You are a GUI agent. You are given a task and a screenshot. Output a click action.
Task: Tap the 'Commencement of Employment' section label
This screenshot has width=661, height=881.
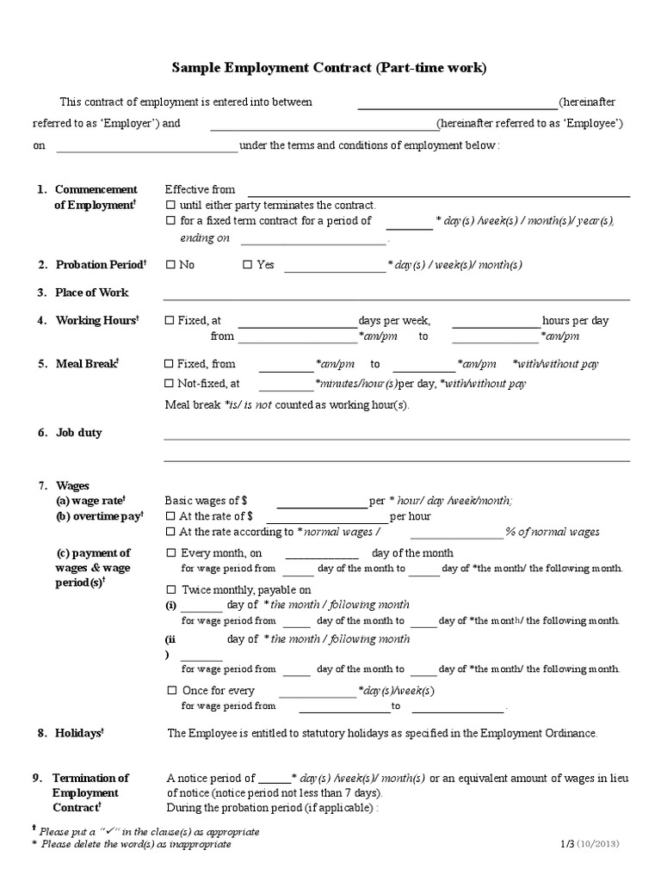96,197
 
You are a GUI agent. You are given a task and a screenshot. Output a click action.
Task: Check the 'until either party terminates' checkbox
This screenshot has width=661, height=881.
170,206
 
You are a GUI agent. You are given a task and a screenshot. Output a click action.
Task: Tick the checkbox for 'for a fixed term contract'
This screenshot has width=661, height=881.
170,221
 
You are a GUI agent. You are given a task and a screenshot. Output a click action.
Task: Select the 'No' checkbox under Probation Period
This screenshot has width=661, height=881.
170,265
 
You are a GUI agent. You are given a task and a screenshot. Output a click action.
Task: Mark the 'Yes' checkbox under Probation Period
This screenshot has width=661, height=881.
248,265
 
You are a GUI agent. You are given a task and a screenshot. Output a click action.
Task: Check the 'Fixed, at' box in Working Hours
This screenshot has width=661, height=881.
170,321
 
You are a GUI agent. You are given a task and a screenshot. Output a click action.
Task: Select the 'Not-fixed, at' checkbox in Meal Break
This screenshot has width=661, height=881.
170,384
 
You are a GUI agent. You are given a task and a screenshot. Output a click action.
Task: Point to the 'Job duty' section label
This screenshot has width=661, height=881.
78,433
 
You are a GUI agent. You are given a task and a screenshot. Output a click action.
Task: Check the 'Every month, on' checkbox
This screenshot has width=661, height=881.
170,553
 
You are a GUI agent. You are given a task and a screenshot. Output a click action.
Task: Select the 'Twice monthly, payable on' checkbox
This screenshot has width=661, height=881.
170,590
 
